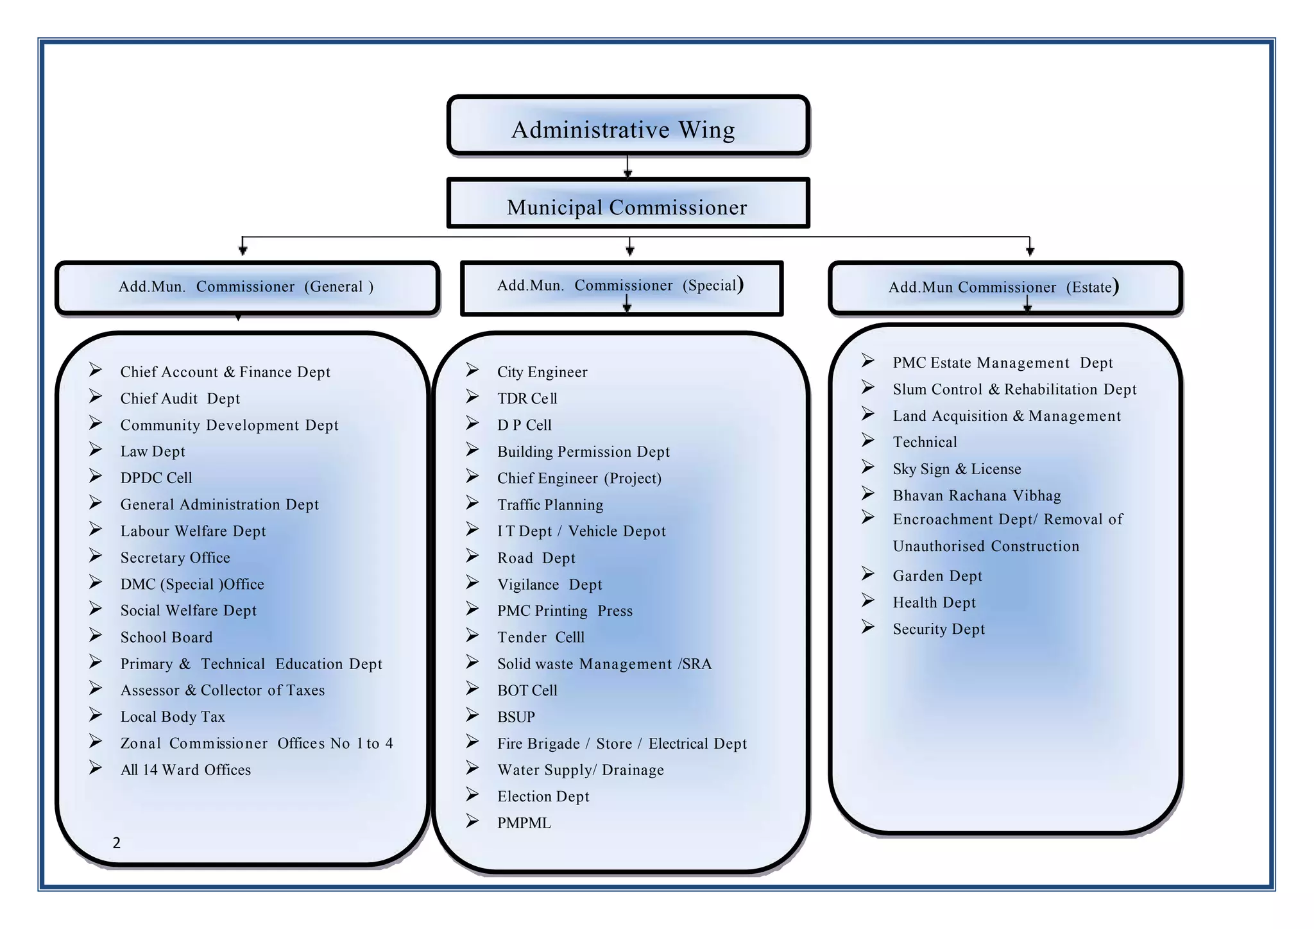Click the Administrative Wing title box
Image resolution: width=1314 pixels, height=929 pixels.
click(627, 126)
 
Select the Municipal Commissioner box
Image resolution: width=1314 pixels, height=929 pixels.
click(627, 204)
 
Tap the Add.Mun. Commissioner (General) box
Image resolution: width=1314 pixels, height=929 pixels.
click(246, 287)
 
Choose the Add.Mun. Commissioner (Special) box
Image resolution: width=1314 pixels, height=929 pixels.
click(621, 287)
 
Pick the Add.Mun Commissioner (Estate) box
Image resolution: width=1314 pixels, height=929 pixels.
click(1005, 287)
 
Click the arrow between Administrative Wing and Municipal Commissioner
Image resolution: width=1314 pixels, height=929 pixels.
click(627, 166)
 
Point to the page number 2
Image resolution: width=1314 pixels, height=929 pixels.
click(116, 843)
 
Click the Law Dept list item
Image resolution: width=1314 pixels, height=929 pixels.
click(153, 452)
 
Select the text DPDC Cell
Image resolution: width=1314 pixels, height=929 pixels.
click(156, 478)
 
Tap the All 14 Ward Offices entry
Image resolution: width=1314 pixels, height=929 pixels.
click(185, 770)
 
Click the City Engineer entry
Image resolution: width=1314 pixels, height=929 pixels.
click(542, 372)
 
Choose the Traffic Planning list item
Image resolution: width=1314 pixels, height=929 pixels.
click(550, 505)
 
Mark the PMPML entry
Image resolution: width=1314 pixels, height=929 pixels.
click(524, 823)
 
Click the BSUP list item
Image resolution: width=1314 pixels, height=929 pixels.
click(516, 717)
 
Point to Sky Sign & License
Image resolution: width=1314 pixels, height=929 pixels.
click(957, 469)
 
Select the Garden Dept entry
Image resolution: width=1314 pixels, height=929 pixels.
click(937, 576)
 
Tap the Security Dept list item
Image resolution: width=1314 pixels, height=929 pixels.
click(939, 629)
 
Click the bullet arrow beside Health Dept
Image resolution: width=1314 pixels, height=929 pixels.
click(868, 601)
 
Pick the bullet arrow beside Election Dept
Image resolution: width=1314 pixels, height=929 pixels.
click(472, 795)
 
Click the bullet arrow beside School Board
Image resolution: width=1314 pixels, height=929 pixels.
click(96, 635)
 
